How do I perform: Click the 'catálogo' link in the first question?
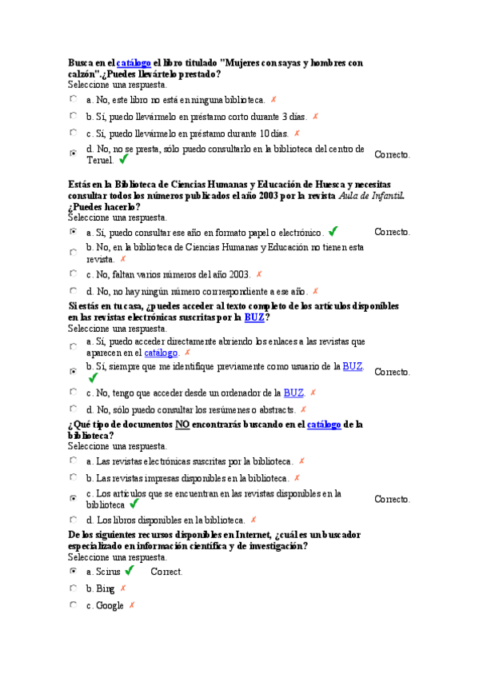point(134,62)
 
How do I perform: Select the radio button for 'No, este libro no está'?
point(74,99)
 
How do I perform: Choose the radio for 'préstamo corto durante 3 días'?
point(74,116)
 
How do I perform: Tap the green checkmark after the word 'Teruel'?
point(123,160)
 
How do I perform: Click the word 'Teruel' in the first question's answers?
point(100,160)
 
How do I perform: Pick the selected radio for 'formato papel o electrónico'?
point(74,232)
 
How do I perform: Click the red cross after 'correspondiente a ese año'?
point(315,291)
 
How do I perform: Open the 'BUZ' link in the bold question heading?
point(253,317)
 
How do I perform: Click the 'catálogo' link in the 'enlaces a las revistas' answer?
point(161,353)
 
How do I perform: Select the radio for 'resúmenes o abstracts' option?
point(74,409)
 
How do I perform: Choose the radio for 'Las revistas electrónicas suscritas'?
point(74,461)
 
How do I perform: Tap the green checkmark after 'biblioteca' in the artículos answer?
point(134,505)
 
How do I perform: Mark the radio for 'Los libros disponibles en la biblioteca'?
point(74,519)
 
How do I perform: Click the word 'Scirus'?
point(108,572)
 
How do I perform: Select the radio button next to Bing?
point(74,588)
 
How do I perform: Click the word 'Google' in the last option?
point(110,605)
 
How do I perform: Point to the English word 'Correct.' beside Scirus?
point(166,572)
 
